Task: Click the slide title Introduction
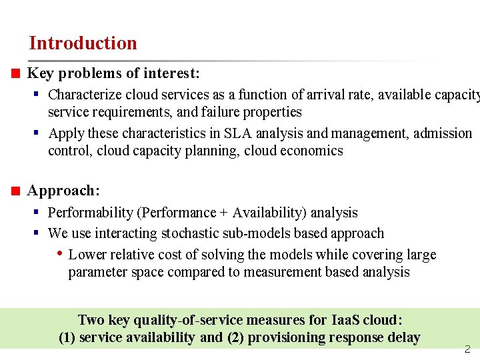tap(83, 43)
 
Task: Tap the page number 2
tap(467, 349)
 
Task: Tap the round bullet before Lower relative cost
tap(60, 254)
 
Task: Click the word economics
tap(311, 151)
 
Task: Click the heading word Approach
tap(63, 191)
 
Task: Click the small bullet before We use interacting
tap(38, 233)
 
